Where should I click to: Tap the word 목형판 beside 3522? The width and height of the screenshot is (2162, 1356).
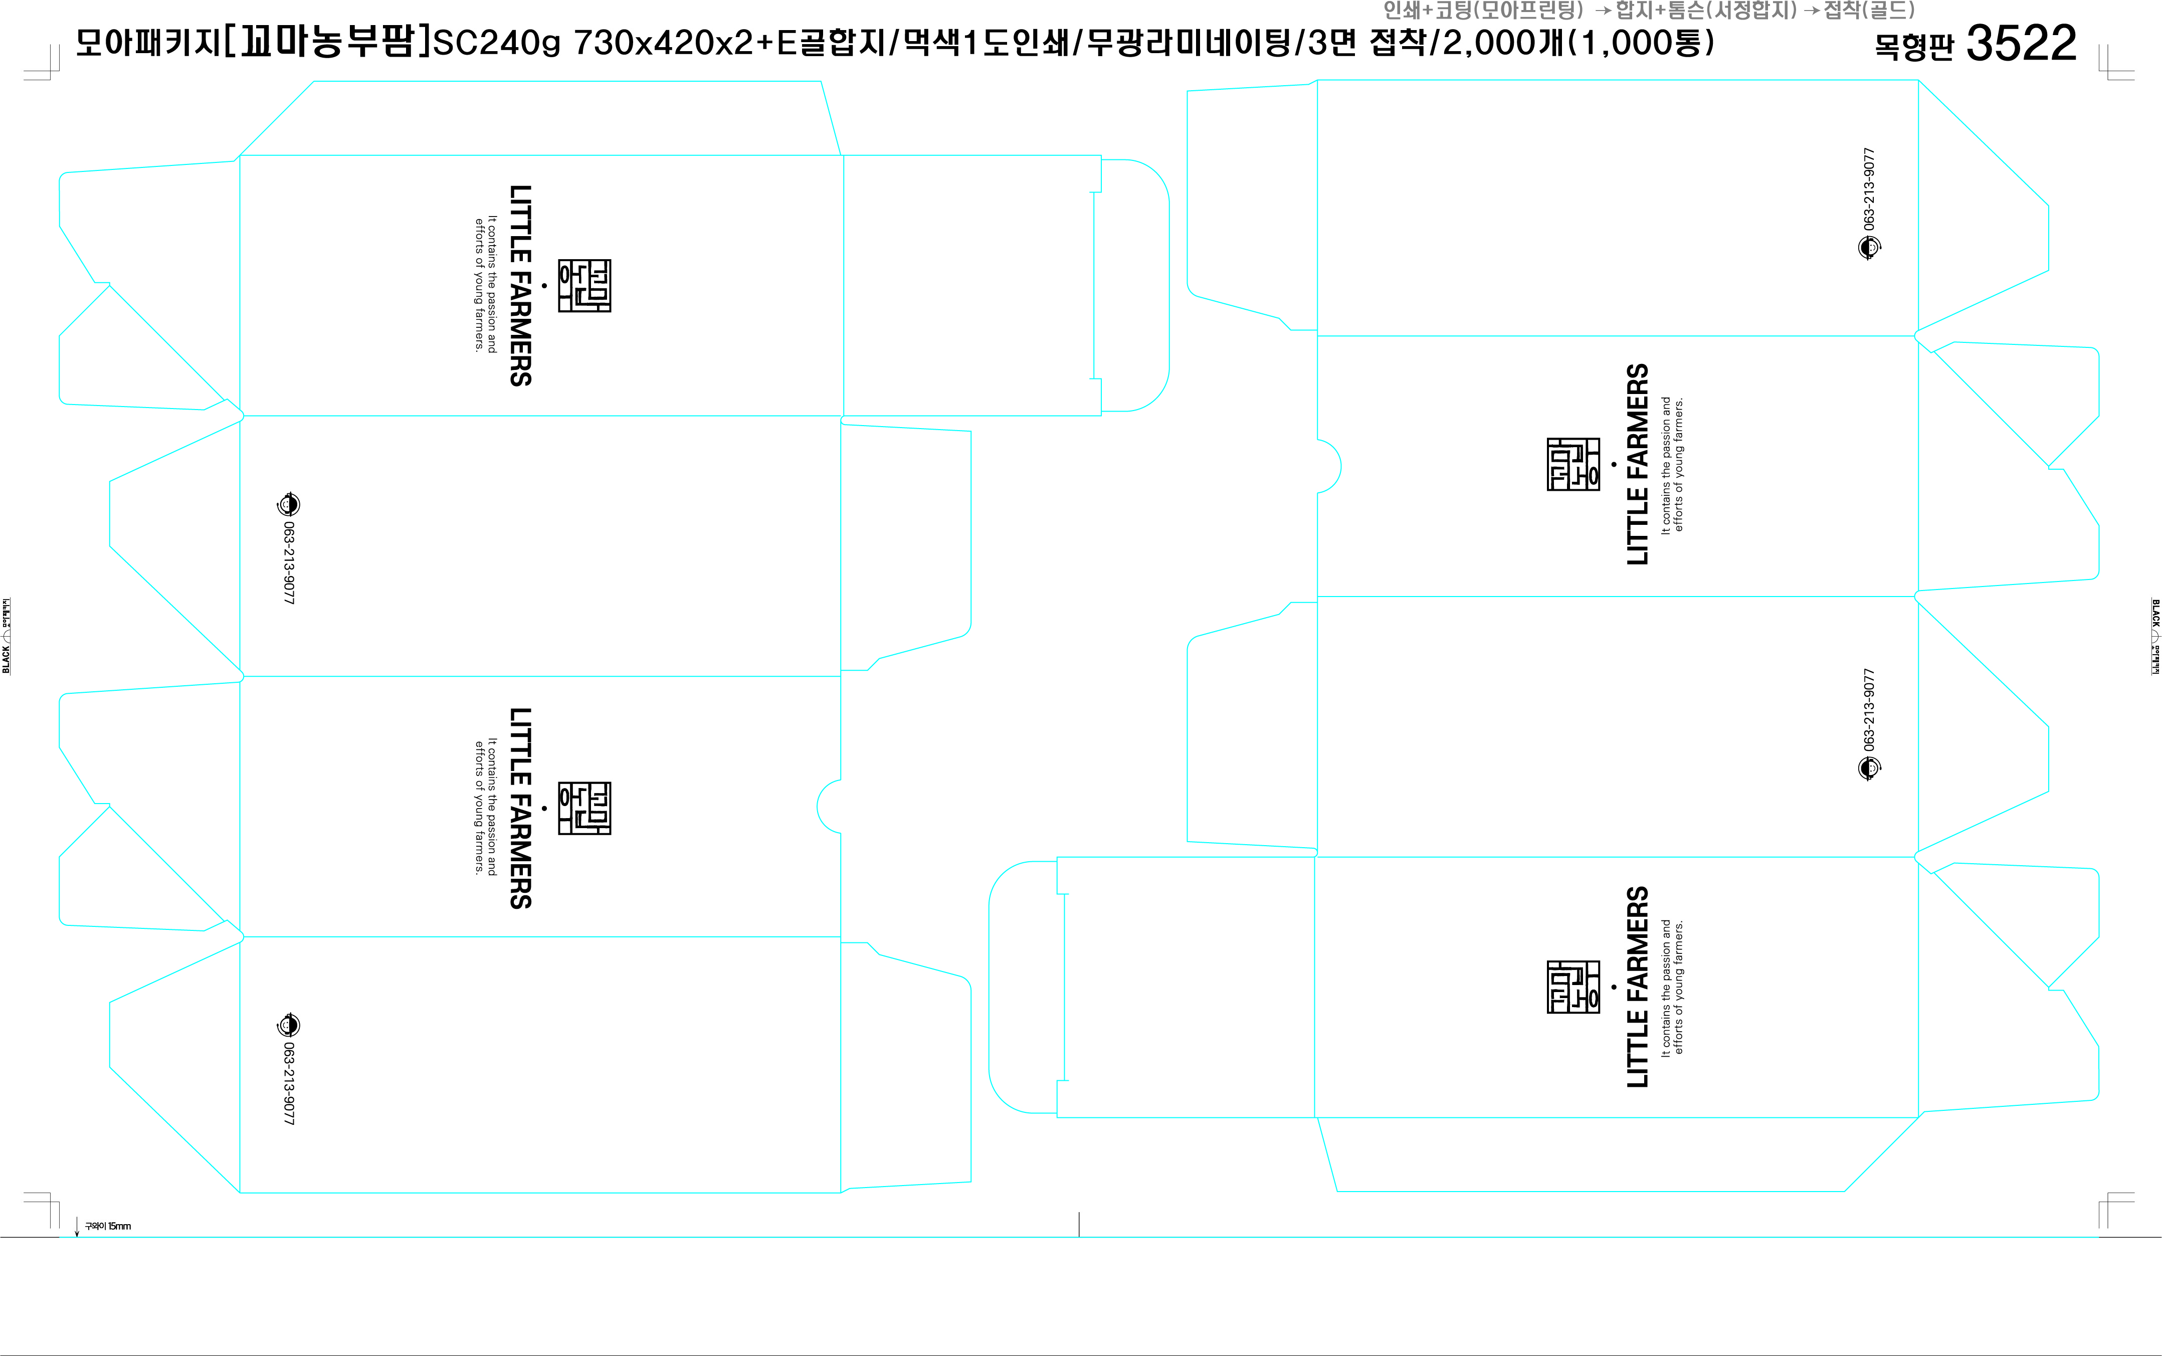pyautogui.click(x=1913, y=47)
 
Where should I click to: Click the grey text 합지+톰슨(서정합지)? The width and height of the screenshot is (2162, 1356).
pyautogui.click(x=1705, y=11)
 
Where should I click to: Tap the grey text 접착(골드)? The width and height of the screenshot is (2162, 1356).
pyautogui.click(x=1870, y=11)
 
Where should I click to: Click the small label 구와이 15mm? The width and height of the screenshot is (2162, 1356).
pyautogui.click(x=108, y=1226)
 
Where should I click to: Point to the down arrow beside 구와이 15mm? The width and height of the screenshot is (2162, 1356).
pyautogui.click(x=77, y=1227)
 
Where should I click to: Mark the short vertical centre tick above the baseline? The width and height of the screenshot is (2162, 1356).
pyautogui.click(x=1079, y=1224)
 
